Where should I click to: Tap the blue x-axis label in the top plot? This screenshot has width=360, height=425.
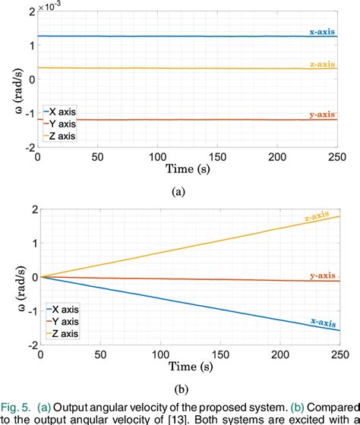coord(321,33)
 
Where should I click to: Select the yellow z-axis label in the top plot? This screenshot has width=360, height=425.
coord(321,65)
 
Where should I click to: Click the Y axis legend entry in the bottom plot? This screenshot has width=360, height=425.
coord(71,322)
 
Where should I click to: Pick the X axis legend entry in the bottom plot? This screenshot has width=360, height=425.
coord(71,310)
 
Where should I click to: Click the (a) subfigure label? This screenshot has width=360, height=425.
coord(179,191)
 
